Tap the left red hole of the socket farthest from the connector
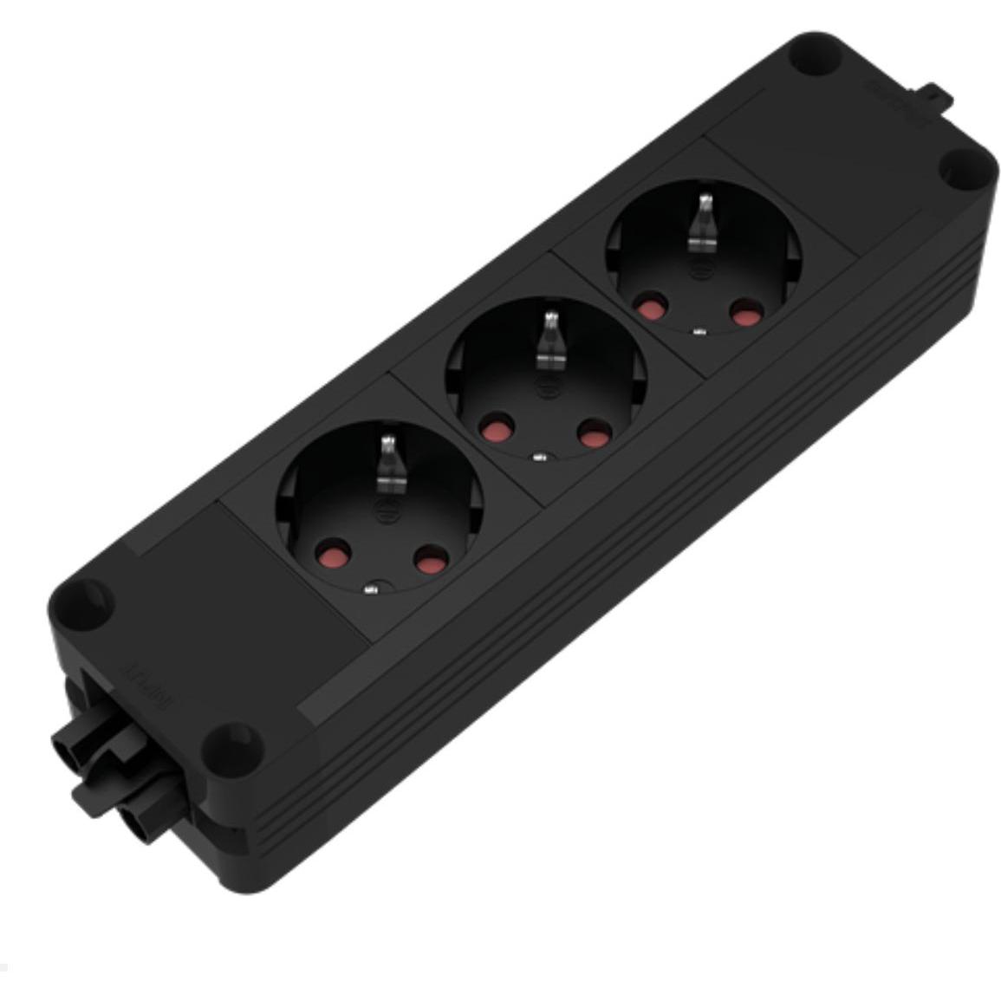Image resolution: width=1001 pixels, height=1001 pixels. point(647,307)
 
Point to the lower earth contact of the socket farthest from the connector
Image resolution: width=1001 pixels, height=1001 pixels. point(699,330)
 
